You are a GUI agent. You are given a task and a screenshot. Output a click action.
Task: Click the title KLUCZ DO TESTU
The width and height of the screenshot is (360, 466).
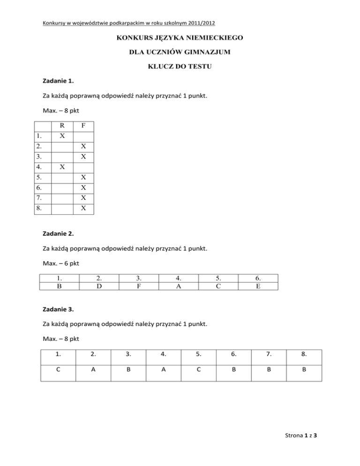click(180, 67)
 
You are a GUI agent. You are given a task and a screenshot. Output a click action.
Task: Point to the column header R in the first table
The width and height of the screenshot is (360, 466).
click(62, 126)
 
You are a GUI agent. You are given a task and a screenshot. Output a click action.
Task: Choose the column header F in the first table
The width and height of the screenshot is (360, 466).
click(83, 126)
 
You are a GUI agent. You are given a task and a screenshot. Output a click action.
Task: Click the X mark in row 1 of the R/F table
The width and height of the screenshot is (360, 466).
click(62, 136)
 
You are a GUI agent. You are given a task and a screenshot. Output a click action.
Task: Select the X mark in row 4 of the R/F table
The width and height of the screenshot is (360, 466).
click(62, 166)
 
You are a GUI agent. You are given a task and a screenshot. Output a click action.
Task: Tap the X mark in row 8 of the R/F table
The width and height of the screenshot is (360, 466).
click(83, 208)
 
